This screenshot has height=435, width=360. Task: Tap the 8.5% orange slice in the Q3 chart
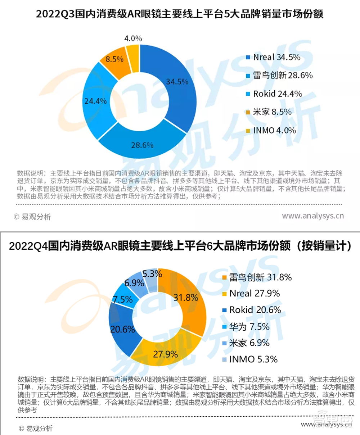click(x=114, y=59)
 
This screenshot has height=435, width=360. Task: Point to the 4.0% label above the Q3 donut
click(x=133, y=38)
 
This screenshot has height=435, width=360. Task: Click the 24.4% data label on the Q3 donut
click(x=95, y=101)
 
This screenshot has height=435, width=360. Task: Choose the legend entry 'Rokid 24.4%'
click(x=277, y=94)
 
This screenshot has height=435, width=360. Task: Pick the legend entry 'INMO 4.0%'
click(x=274, y=130)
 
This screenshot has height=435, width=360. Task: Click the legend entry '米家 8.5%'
click(x=272, y=112)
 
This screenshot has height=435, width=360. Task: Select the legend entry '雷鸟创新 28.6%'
click(x=283, y=76)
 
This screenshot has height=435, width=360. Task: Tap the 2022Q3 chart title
click(x=180, y=14)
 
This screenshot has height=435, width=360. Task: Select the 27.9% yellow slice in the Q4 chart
click(x=165, y=354)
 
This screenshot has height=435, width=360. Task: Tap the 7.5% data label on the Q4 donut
click(x=123, y=299)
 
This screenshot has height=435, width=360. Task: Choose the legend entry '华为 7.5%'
click(x=249, y=327)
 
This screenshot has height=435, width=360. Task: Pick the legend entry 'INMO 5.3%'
click(x=253, y=359)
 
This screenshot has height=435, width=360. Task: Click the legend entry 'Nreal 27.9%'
click(x=254, y=294)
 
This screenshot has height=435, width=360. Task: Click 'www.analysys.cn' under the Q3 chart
click(x=312, y=216)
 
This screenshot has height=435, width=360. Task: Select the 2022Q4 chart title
click(x=180, y=246)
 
